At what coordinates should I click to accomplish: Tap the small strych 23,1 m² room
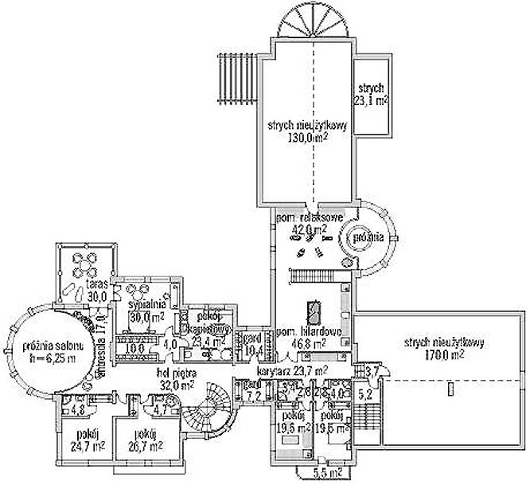coord(370,95)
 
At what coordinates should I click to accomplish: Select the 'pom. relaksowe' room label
coord(309,216)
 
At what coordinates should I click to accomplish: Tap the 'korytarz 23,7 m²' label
coord(293,371)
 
